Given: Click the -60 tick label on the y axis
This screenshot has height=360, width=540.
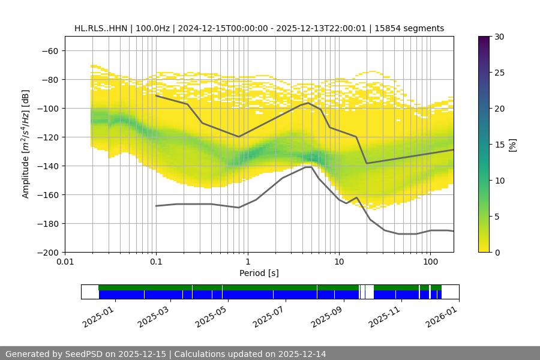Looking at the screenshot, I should tap(49, 51).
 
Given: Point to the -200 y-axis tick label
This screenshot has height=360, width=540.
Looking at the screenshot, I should tap(46, 253).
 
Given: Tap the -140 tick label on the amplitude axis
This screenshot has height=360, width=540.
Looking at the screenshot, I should tap(46, 166).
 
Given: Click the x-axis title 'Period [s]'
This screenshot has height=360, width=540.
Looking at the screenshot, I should tap(259, 274).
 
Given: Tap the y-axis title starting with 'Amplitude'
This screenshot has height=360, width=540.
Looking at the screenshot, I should tap(26, 144).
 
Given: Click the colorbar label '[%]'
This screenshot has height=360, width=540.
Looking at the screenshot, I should tap(512, 145).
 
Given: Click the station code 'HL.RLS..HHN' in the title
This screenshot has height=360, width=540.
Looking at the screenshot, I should tap(100, 28).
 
